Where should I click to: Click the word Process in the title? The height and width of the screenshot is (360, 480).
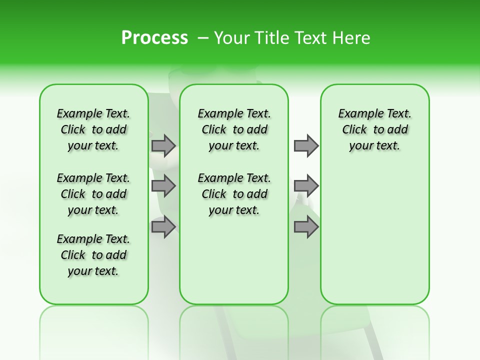coord(154,38)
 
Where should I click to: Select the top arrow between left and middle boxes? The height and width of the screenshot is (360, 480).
coord(163,145)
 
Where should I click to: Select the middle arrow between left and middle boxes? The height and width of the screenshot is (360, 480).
coord(163,186)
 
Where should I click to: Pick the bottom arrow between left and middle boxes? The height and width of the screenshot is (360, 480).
coord(163,227)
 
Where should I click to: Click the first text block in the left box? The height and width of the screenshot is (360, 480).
coord(93,129)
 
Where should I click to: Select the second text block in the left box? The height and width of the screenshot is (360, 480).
coord(93,194)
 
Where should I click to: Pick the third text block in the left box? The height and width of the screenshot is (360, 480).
coord(93,255)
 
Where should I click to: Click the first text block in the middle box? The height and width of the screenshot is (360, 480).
coord(234,129)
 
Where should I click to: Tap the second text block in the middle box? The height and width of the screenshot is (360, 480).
coord(234,194)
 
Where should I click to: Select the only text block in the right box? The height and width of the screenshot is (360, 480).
coord(375,129)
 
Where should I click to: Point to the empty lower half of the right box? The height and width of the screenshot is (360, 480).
coord(375,240)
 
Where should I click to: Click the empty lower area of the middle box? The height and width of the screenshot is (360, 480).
coord(234,260)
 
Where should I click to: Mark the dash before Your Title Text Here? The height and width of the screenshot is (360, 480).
coord(203,38)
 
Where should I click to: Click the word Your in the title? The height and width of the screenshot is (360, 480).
coord(230,38)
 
